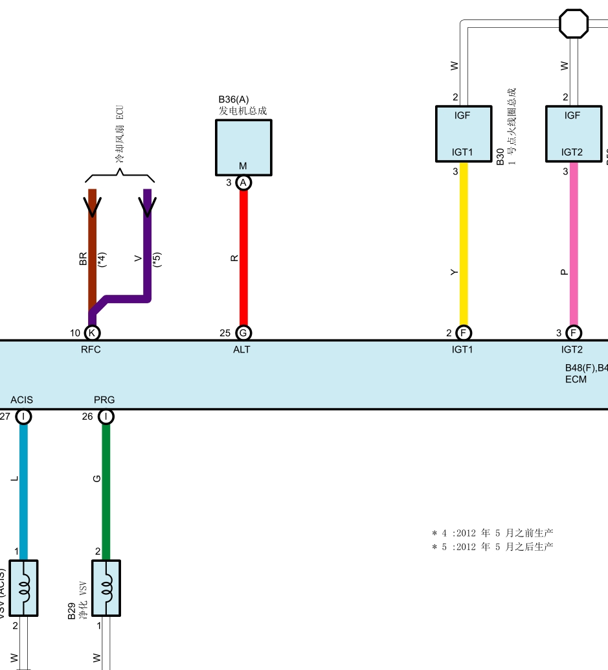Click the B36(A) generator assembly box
(243, 148)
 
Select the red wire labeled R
(243, 259)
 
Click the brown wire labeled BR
(93, 246)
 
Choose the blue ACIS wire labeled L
(24, 486)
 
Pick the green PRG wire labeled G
(106, 486)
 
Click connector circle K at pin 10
(93, 333)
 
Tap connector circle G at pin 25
(243, 333)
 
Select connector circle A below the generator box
(243, 183)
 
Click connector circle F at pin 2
(464, 333)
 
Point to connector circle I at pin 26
(106, 417)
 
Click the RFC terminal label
(91, 350)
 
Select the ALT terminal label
(242, 350)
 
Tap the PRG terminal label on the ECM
(104, 400)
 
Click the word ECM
(576, 379)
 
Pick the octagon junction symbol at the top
(574, 23)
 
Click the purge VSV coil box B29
(106, 588)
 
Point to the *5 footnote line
(492, 547)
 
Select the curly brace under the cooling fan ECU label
(120, 176)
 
